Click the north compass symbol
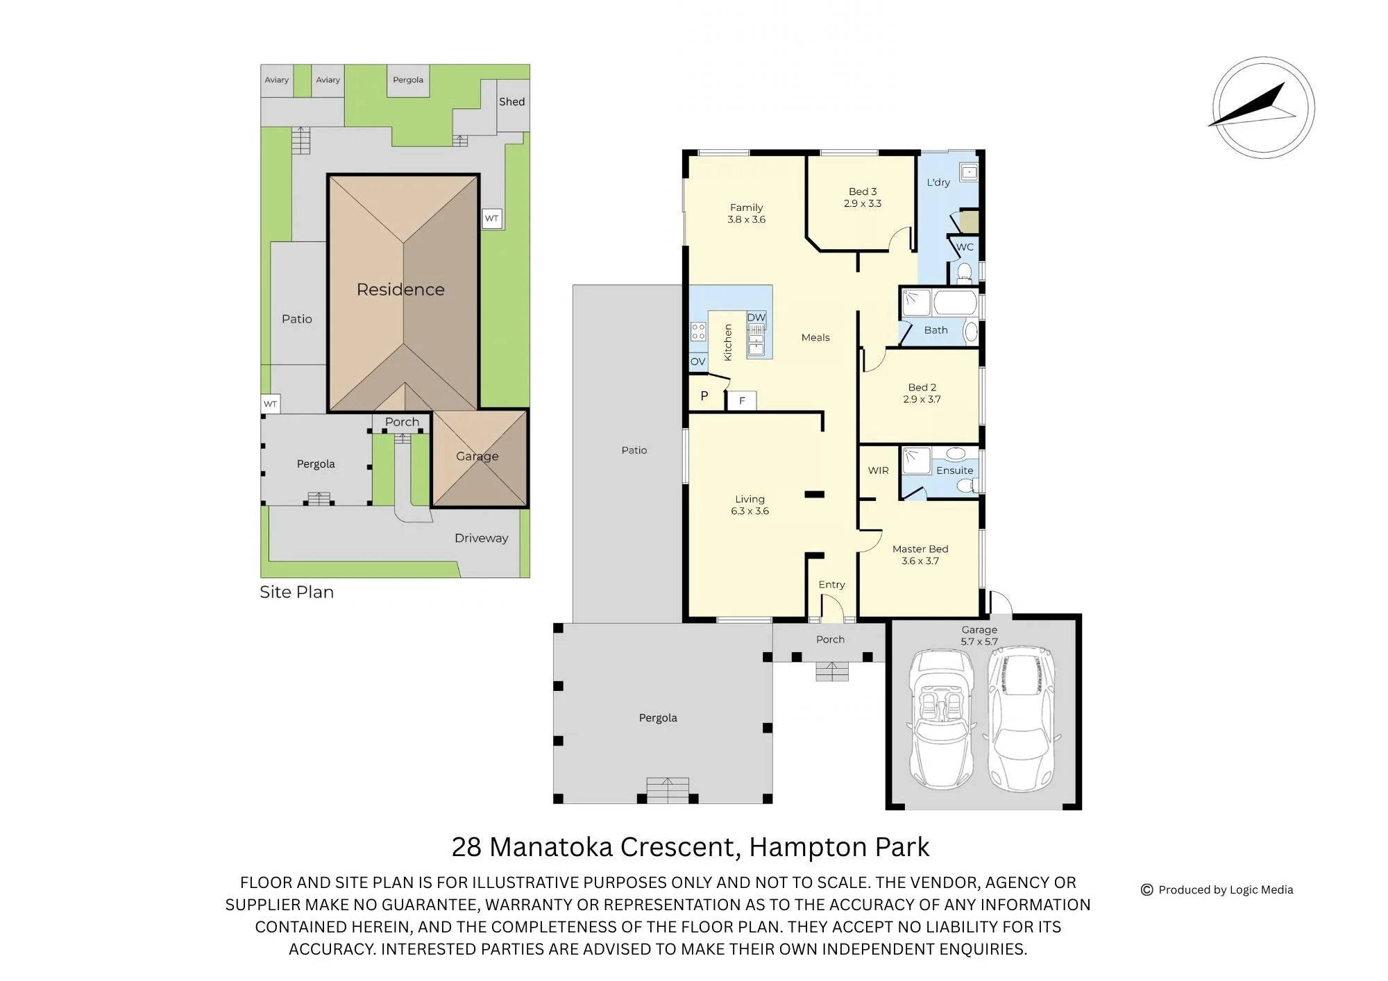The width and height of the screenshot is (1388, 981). (x=1264, y=108)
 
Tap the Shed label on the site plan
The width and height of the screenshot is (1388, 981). (x=512, y=101)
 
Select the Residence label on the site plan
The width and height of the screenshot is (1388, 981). (x=400, y=289)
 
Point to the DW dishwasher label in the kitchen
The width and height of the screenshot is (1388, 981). (x=756, y=318)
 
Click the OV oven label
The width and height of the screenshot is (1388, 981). (x=697, y=361)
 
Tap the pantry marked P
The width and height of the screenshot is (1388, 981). (x=704, y=396)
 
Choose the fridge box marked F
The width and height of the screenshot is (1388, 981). (x=742, y=401)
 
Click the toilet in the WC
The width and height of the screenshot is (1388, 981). (x=964, y=273)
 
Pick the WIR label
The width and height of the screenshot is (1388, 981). (x=879, y=470)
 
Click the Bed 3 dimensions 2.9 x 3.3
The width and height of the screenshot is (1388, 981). (x=863, y=203)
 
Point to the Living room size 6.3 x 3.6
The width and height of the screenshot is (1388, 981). (x=750, y=511)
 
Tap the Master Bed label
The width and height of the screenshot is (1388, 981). (x=920, y=549)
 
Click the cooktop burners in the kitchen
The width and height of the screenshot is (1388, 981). (x=698, y=332)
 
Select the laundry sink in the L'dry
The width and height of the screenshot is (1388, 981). (x=969, y=171)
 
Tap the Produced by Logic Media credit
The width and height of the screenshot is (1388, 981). (x=1217, y=889)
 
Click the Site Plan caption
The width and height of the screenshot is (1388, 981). (x=296, y=592)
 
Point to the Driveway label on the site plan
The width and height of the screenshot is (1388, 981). (x=481, y=538)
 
